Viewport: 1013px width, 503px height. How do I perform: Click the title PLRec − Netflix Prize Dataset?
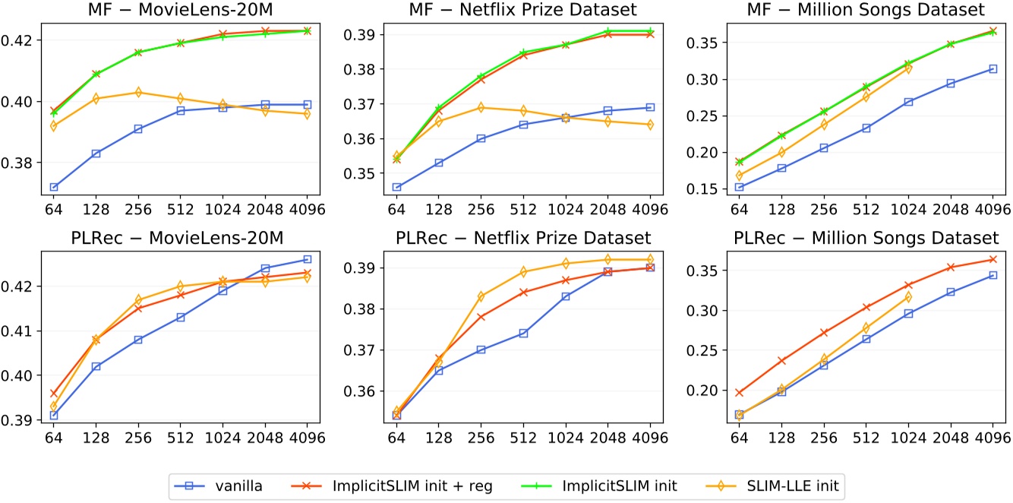click(x=524, y=239)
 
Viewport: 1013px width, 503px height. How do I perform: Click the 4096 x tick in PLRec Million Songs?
click(x=992, y=439)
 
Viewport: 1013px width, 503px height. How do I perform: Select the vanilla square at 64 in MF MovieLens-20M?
click(x=53, y=187)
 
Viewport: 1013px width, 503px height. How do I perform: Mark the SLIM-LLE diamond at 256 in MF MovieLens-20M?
click(x=138, y=93)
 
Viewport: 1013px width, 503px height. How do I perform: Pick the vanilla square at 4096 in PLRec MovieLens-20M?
click(x=308, y=260)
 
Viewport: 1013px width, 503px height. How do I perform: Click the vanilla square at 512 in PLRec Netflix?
click(x=523, y=333)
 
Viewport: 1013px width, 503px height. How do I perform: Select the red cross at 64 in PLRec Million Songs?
click(x=739, y=393)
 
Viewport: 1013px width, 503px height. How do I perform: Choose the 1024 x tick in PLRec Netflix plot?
click(x=565, y=439)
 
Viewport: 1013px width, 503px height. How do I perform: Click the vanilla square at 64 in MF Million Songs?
click(x=739, y=187)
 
